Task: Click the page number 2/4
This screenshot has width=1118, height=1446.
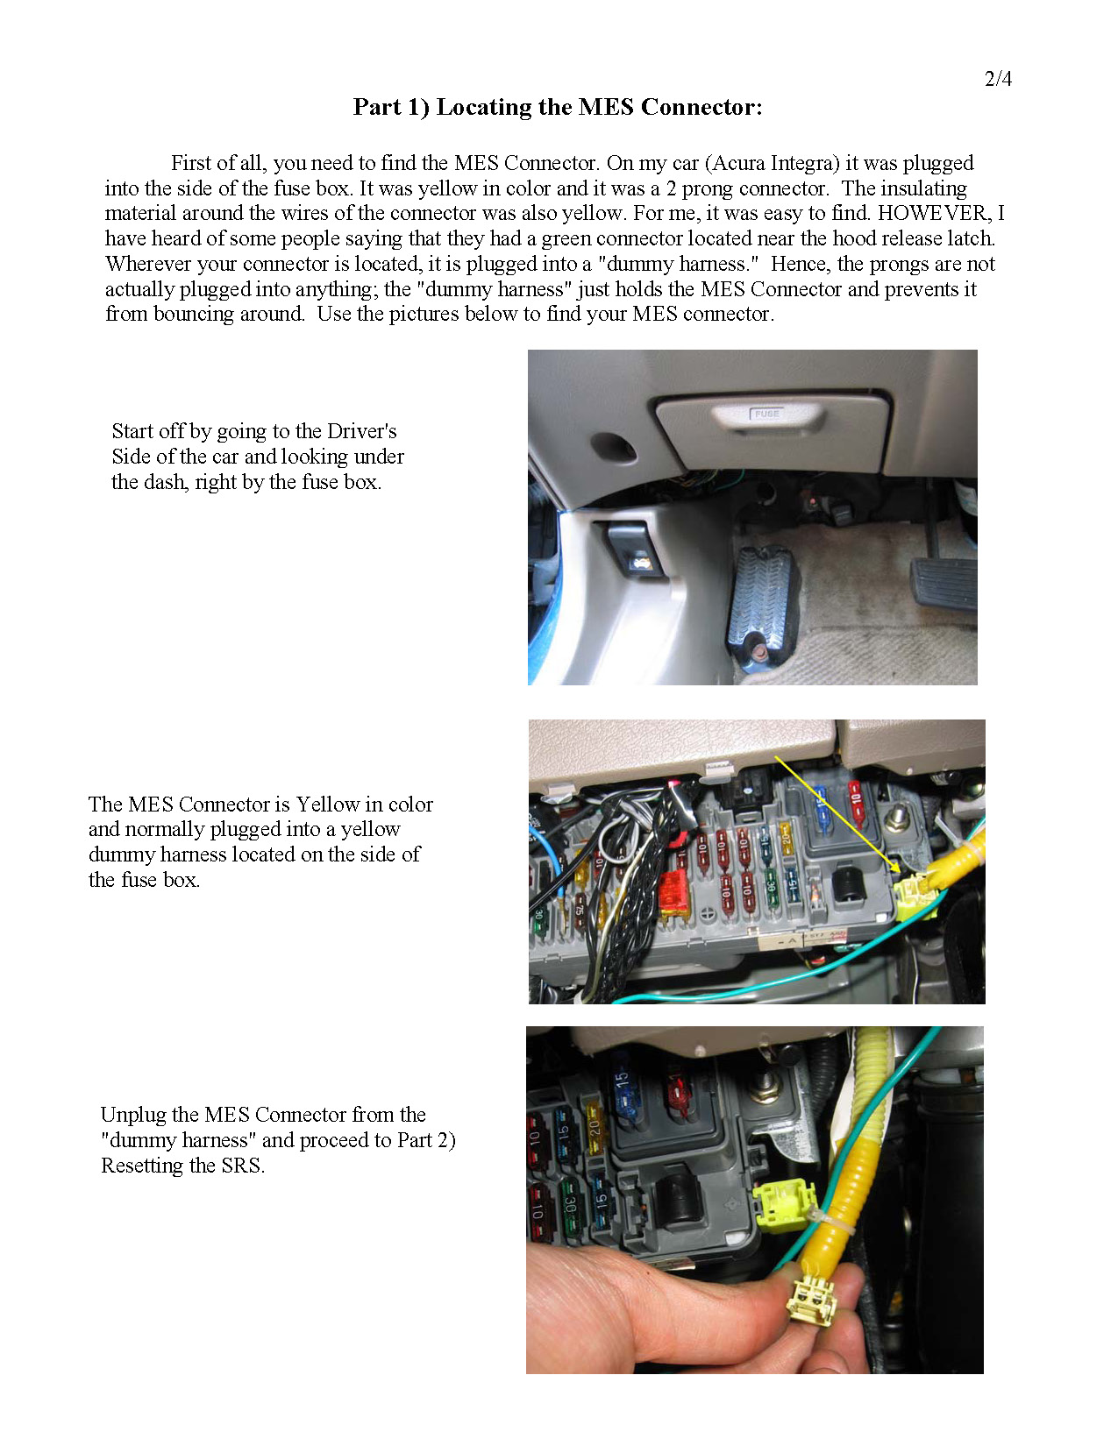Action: click(x=998, y=79)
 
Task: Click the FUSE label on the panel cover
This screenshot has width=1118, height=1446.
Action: click(x=766, y=414)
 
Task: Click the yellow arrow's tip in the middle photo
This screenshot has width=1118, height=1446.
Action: click(x=900, y=870)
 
